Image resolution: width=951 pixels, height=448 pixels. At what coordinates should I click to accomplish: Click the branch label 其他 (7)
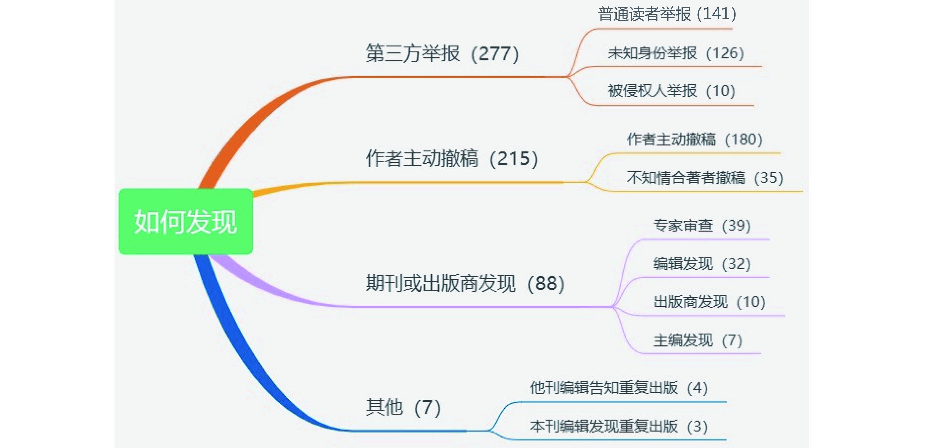click(x=403, y=407)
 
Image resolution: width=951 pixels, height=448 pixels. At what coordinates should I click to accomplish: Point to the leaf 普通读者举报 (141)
click(x=667, y=14)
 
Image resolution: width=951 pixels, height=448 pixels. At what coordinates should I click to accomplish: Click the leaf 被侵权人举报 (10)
click(x=671, y=91)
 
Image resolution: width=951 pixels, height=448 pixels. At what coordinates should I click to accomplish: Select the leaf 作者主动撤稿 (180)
click(x=694, y=139)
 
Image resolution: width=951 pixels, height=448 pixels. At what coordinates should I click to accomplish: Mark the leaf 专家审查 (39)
click(x=702, y=225)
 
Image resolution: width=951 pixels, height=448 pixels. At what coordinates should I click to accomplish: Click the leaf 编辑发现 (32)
click(x=702, y=264)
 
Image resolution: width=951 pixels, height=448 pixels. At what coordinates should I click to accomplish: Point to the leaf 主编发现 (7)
click(x=697, y=340)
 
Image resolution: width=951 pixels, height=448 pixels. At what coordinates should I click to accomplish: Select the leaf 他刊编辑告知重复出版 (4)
click(x=618, y=388)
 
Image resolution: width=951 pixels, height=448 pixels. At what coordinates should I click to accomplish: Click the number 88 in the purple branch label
click(x=546, y=283)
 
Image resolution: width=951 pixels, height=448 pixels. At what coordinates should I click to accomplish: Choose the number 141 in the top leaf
click(x=716, y=14)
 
